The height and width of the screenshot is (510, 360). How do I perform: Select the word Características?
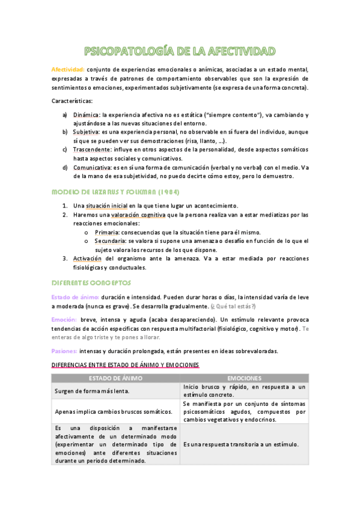click(x=72, y=100)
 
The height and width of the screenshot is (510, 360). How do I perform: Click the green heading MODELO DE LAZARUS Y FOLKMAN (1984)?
click(x=114, y=192)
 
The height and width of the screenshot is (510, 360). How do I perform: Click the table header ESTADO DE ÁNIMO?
click(x=115, y=378)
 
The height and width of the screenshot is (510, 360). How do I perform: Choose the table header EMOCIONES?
click(x=244, y=378)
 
